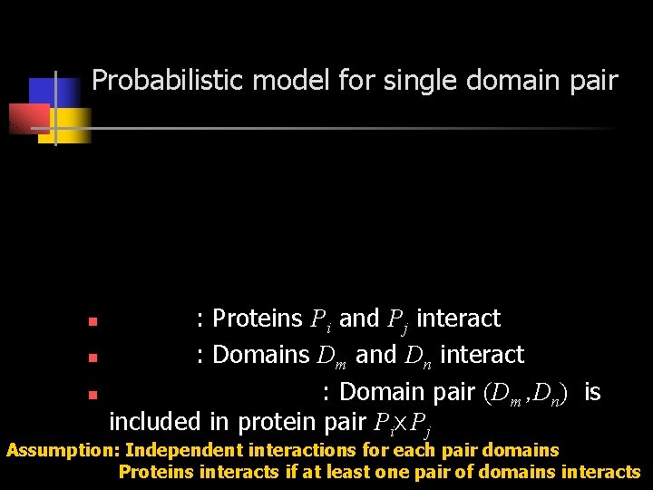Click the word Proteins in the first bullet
[x=258, y=318]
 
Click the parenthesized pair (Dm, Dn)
[x=527, y=393]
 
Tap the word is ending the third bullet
[x=592, y=391]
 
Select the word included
[x=154, y=421]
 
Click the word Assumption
[x=63, y=449]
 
